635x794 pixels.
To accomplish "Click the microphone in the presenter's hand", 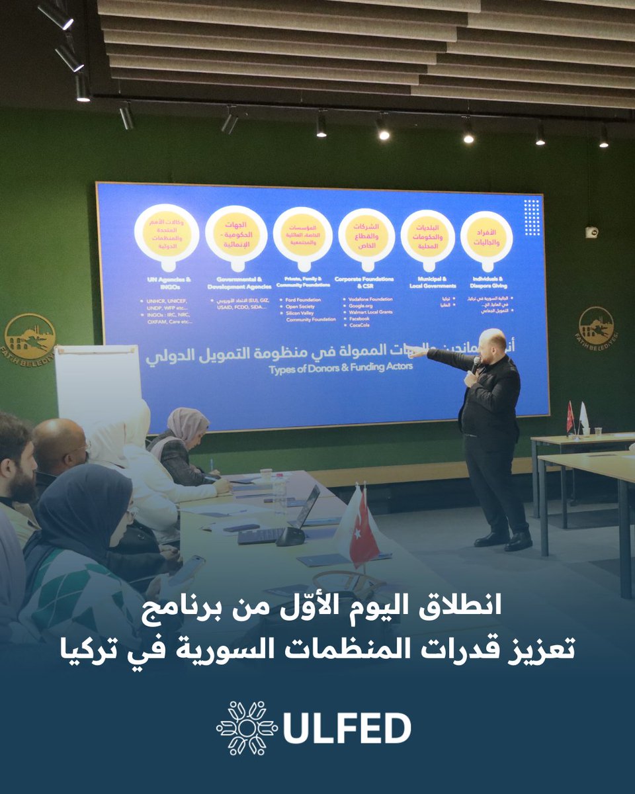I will pos(475,363).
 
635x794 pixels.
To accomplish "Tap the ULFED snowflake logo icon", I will pos(247,728).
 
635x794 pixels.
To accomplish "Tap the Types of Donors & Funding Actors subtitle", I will pos(341,366).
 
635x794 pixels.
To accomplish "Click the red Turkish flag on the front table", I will pos(363,535).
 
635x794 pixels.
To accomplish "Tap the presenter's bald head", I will pos(493,338).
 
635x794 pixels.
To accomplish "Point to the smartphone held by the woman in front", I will pos(187,569).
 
